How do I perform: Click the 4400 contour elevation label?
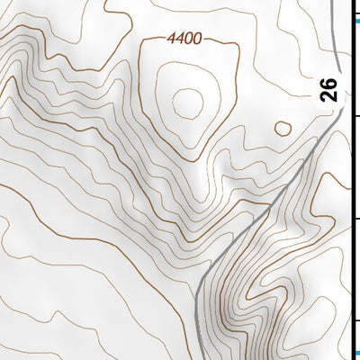(184, 39)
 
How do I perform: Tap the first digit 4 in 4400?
(171, 39)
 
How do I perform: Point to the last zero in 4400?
(198, 39)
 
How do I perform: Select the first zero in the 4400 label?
(189, 39)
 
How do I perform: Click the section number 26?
(329, 89)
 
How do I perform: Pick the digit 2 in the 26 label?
(329, 95)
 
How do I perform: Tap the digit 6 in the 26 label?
(329, 83)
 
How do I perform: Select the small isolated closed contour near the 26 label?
(283, 128)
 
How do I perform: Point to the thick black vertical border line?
(350, 180)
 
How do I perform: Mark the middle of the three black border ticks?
(355, 219)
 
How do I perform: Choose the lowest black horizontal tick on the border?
(355, 320)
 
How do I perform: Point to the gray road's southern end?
(195, 357)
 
